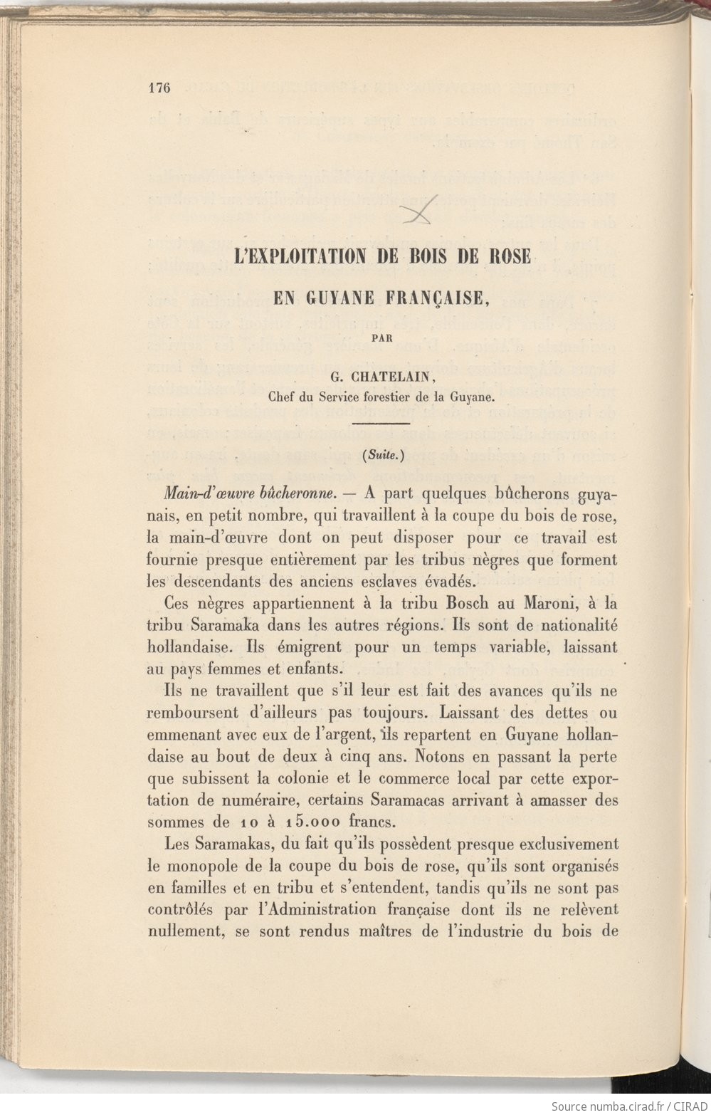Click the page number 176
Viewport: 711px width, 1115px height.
pos(160,88)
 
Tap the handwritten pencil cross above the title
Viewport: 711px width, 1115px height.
pos(419,211)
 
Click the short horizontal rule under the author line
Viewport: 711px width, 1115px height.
pos(381,424)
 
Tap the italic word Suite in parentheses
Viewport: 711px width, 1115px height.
pos(383,456)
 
